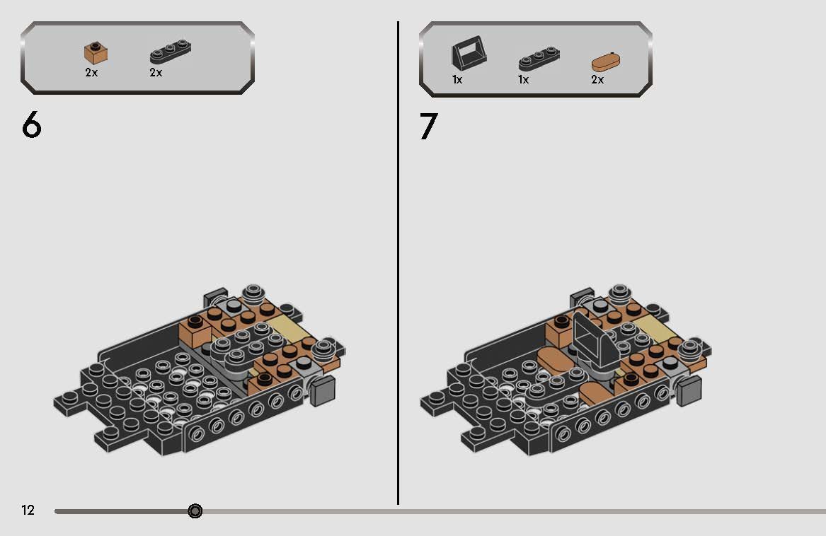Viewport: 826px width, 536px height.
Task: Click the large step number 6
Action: pos(32,125)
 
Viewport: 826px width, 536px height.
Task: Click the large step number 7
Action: pos(428,127)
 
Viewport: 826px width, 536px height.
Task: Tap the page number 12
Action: pos(28,511)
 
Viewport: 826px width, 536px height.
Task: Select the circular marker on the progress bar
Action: pos(195,511)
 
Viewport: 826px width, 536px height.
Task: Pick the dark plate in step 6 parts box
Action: pos(171,54)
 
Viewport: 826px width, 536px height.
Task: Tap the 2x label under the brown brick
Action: pos(91,73)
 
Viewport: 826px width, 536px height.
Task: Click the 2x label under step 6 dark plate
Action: pos(156,73)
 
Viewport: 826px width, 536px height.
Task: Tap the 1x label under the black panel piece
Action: pos(457,80)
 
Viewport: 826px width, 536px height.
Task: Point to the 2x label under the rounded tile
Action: pos(597,80)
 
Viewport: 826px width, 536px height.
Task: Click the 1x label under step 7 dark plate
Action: pos(523,80)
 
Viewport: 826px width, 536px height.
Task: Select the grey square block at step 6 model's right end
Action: pos(322,390)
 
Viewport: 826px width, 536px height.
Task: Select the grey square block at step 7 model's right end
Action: pos(688,390)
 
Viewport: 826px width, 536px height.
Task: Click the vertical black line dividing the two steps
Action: pos(398,262)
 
